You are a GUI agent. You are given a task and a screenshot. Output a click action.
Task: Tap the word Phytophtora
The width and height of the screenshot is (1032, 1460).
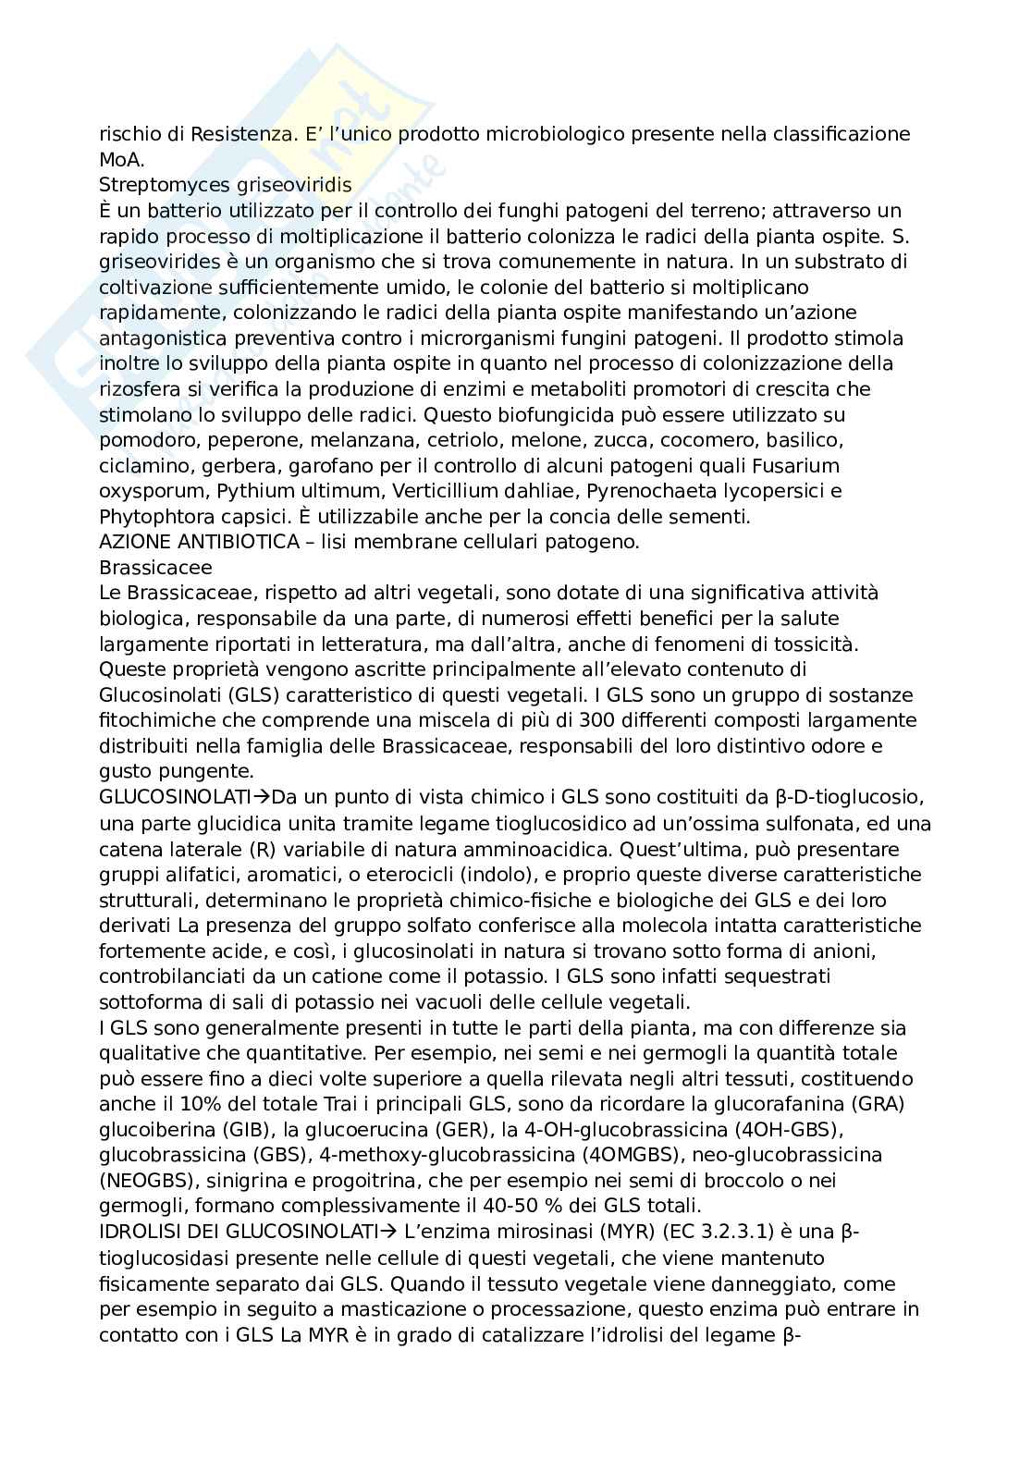(154, 516)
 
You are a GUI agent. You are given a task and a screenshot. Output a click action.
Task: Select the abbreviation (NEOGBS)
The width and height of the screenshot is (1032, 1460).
(145, 1181)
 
